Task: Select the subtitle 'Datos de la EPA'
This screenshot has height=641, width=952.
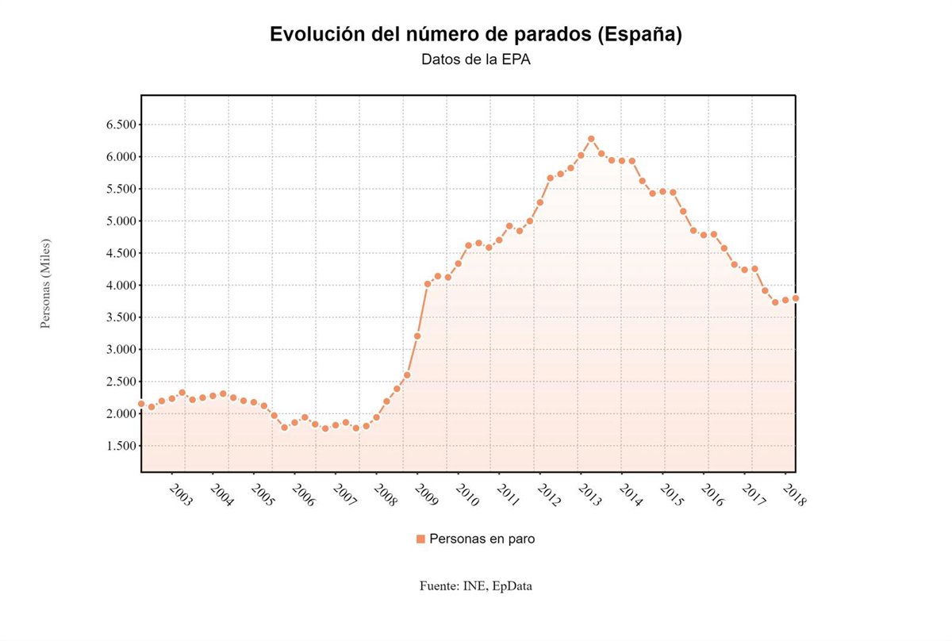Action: [x=475, y=59]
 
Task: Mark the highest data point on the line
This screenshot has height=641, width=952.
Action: [x=591, y=139]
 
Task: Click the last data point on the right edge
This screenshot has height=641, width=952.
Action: [x=795, y=298]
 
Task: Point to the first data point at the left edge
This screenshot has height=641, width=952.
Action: [x=141, y=404]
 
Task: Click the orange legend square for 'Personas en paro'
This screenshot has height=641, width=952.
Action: [x=420, y=539]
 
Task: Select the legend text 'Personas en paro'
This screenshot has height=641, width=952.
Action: [x=482, y=539]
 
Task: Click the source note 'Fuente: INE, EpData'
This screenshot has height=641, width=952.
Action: [x=476, y=586]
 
